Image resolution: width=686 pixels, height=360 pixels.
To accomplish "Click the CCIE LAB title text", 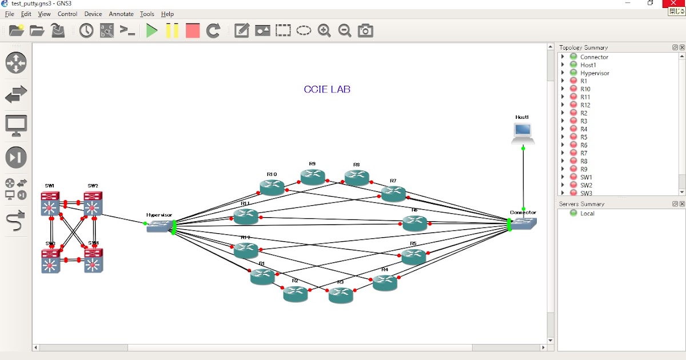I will pos(327,89).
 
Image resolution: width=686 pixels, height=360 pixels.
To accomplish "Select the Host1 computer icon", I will pos(523,133).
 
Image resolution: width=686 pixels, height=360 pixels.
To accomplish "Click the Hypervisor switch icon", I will pos(159,226).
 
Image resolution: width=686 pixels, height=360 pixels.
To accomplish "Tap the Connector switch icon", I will pos(524,223).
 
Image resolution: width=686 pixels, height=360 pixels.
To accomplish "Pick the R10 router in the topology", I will pos(272,187).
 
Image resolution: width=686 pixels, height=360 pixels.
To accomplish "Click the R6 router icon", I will pos(414,223).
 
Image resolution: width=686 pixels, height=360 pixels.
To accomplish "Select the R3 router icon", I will pos(341,295).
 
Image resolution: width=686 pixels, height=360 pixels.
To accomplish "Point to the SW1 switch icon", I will pos(50,203).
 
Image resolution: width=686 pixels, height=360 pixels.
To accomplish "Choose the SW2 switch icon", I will pos(93,203).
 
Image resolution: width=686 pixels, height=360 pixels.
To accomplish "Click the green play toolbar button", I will pos(151,31).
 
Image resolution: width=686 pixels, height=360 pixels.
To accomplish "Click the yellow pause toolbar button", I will pos(172,31).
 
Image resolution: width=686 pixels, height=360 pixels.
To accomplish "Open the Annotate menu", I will pos(121,14).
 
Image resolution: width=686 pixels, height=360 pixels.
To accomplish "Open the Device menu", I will pos(93,14).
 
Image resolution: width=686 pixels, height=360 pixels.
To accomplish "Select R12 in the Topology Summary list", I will pos(585,105).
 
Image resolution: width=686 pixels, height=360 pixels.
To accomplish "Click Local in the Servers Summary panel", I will pos(587,213).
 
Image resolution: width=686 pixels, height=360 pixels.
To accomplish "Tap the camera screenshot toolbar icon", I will pos(365,31).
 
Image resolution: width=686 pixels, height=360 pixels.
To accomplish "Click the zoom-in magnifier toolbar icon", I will pos(324,31).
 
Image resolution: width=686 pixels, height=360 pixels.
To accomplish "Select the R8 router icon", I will pos(357,178).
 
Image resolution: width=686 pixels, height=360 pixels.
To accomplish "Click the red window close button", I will pos(674,3).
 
